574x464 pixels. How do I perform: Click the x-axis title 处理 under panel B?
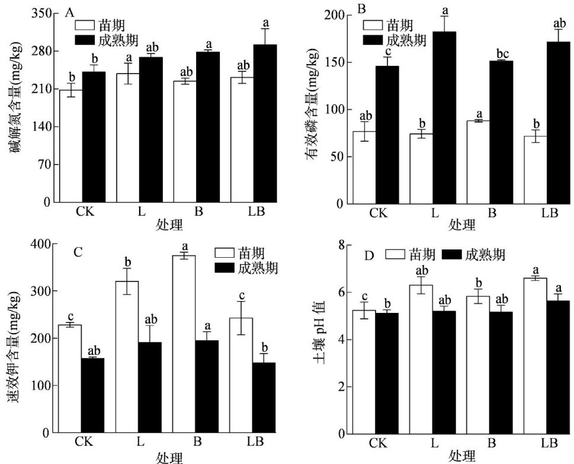click(x=462, y=225)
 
